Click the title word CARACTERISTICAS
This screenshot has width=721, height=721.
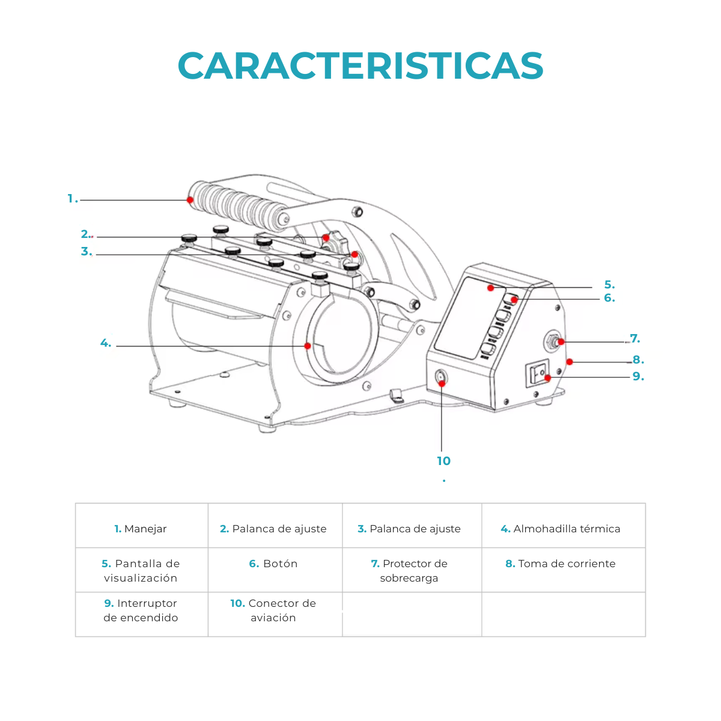pos(360,65)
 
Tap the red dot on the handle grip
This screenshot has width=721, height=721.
pos(190,200)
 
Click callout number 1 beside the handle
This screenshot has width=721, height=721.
pos(72,199)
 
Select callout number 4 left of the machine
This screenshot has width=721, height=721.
pos(106,344)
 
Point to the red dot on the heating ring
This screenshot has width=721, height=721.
pos(308,345)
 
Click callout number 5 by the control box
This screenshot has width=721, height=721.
pos(609,285)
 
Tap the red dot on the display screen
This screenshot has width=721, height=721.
pos(490,288)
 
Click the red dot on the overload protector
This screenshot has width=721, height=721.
pos(561,342)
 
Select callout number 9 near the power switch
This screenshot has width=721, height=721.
pos(638,377)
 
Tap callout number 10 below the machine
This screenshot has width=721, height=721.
pos(443,461)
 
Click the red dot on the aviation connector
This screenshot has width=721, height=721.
pos(442,383)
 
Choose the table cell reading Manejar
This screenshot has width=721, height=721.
pos(141,529)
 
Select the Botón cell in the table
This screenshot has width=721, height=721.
pos(274,564)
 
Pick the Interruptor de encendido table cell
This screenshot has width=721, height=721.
pos(141,610)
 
